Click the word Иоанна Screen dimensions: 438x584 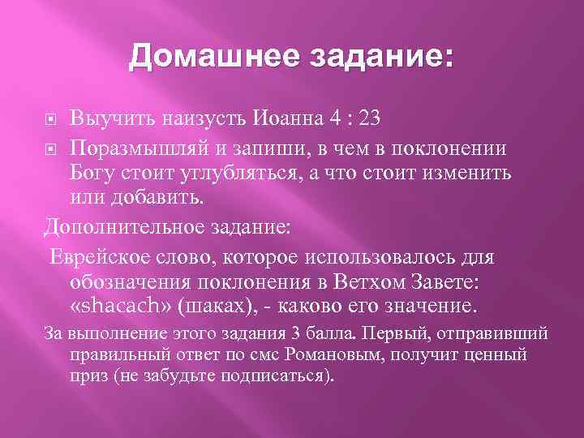[287, 118]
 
